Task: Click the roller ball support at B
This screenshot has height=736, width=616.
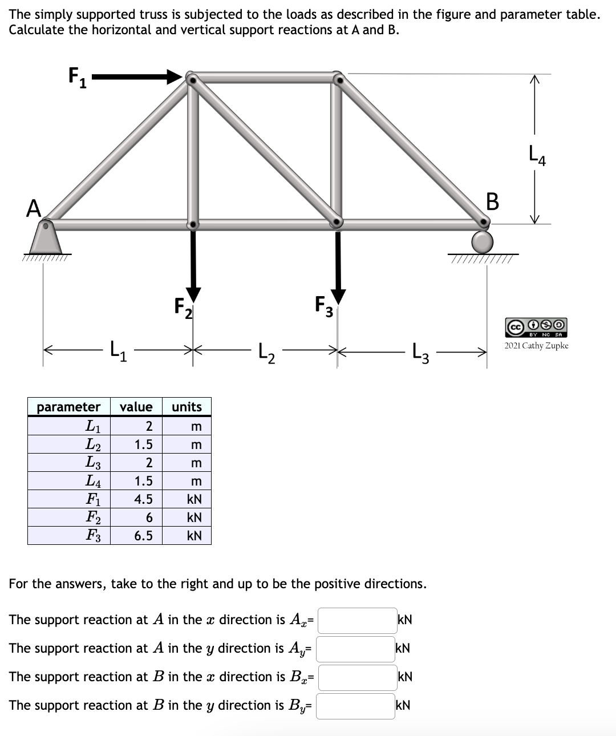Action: coord(483,242)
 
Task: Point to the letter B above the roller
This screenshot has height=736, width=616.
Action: coord(492,201)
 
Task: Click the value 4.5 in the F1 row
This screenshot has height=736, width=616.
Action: coord(143,499)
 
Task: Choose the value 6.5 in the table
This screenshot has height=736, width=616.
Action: coord(143,536)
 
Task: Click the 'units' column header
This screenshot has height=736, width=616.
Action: coord(187,407)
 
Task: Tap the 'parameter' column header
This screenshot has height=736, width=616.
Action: coord(68,407)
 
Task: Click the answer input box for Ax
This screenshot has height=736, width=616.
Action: coord(356,620)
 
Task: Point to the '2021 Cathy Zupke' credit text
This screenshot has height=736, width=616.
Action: coord(536,346)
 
